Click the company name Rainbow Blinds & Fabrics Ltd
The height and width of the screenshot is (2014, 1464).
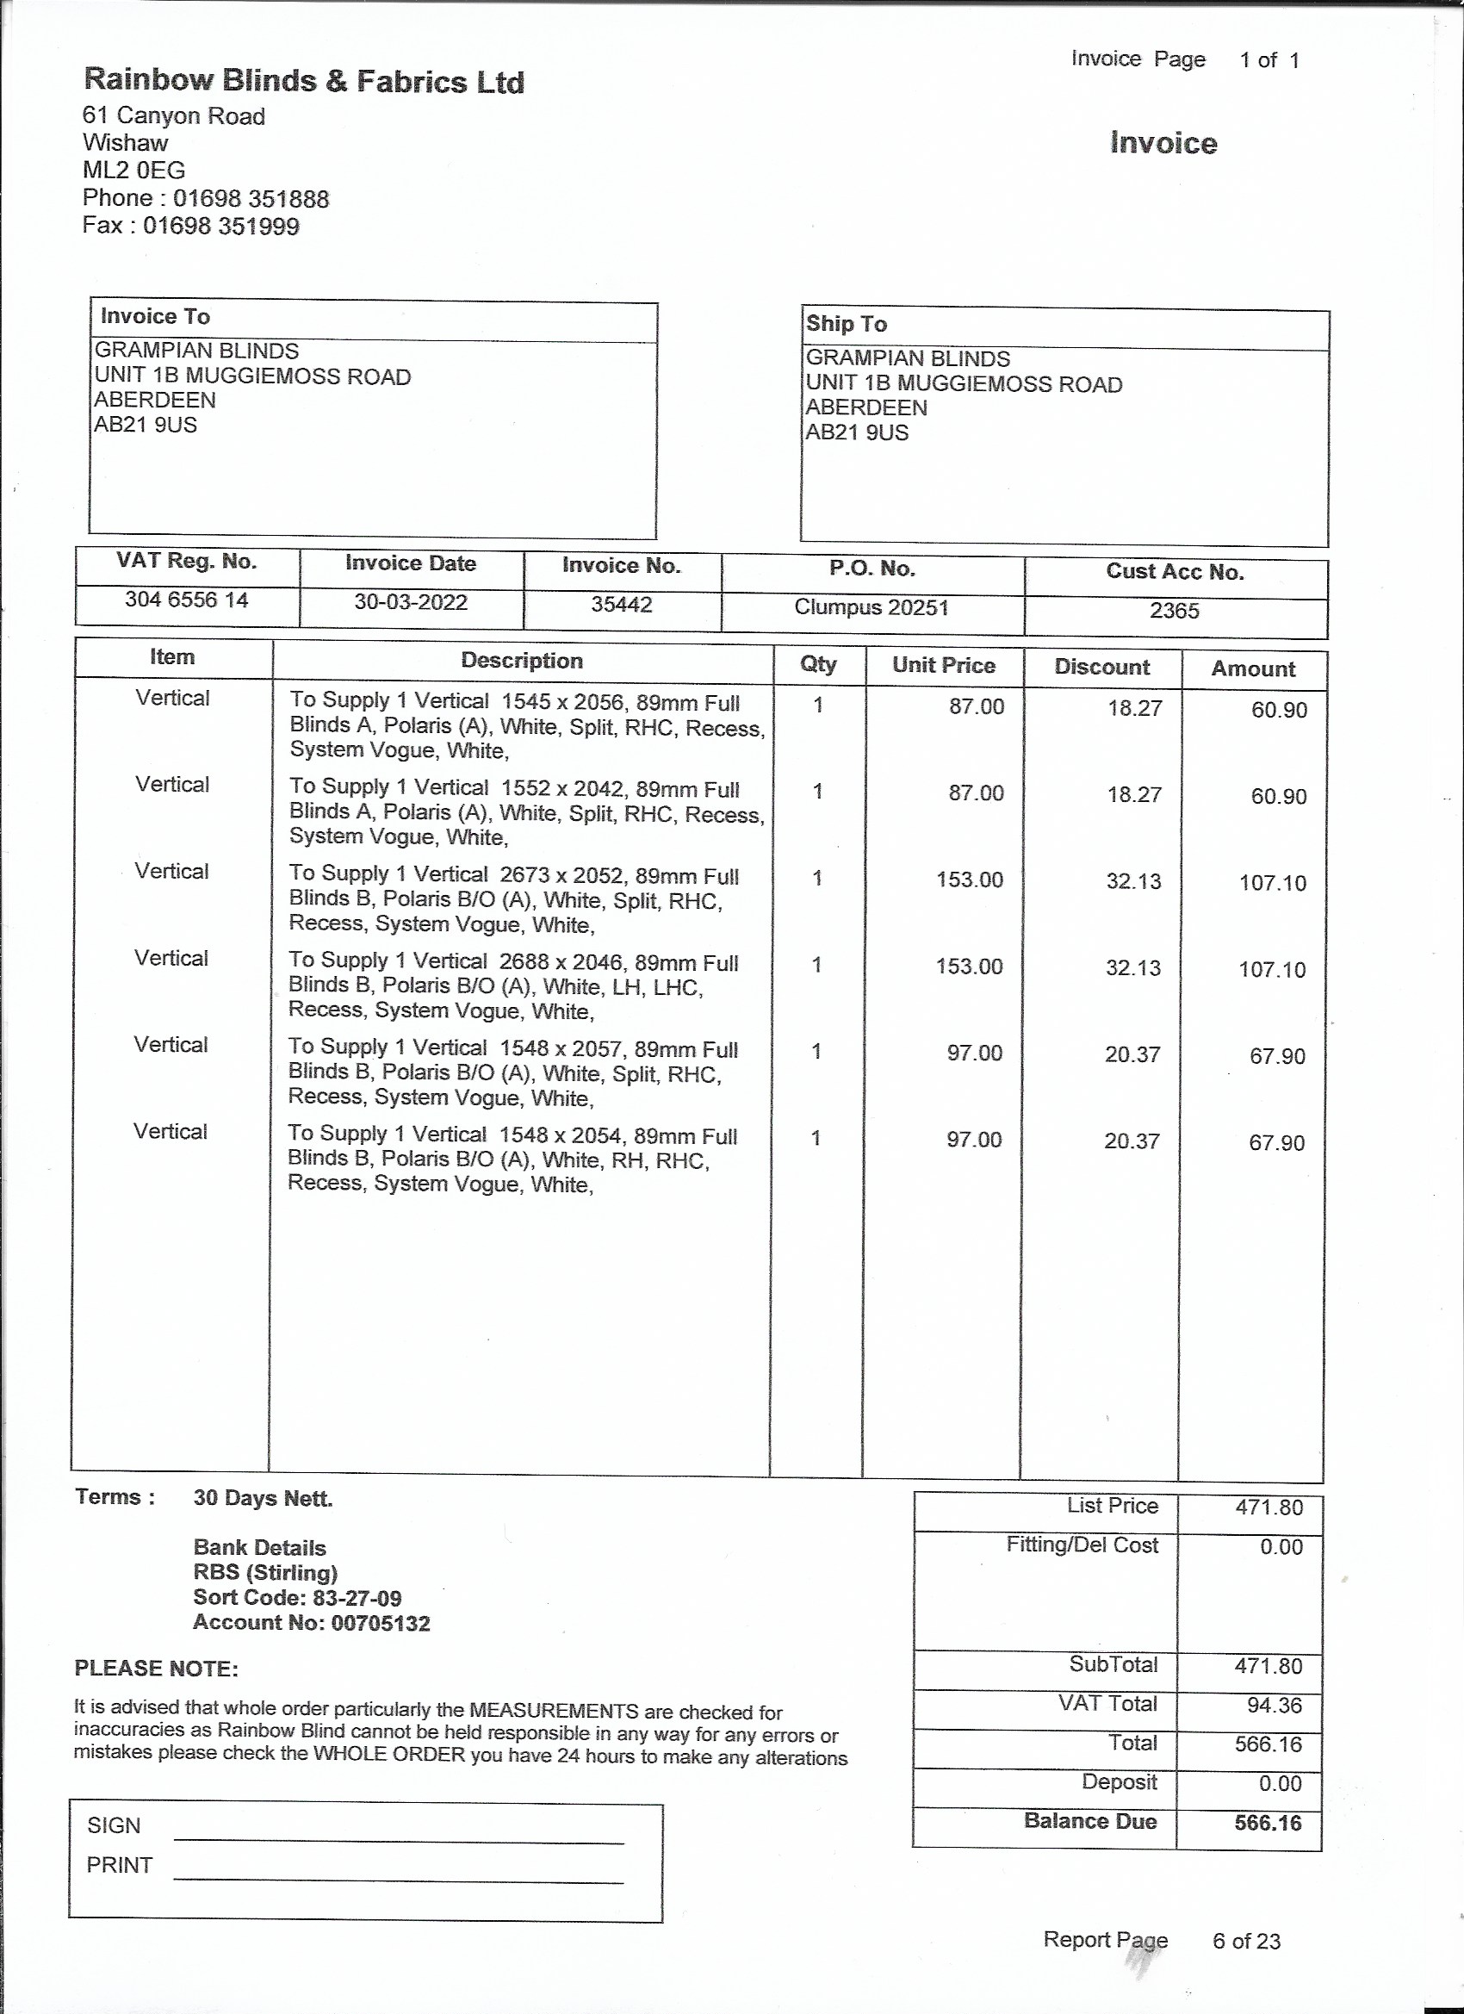coord(304,82)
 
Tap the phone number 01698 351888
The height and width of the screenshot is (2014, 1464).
coord(251,198)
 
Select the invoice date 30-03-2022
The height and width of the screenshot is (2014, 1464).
coord(410,602)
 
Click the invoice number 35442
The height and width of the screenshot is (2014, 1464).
coord(622,605)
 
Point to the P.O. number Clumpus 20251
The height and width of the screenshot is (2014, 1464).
coord(871,607)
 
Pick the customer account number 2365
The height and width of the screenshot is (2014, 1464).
coord(1174,611)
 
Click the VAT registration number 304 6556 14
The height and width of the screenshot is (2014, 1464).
coord(186,600)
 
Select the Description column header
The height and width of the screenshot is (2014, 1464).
coord(521,661)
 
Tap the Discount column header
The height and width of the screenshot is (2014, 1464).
coord(1101,667)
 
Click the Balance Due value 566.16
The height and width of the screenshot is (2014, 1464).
coord(1268,1823)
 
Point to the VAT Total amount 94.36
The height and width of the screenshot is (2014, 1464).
coord(1274,1705)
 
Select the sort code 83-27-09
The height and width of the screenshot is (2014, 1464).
coord(357,1598)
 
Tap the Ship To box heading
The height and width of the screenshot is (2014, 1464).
coord(846,324)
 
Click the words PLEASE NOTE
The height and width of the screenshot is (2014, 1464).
coord(156,1669)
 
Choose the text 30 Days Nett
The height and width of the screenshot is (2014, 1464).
coord(263,1499)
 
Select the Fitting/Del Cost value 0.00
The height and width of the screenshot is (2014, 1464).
coord(1281,1547)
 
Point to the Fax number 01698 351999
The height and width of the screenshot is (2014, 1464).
coord(221,226)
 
